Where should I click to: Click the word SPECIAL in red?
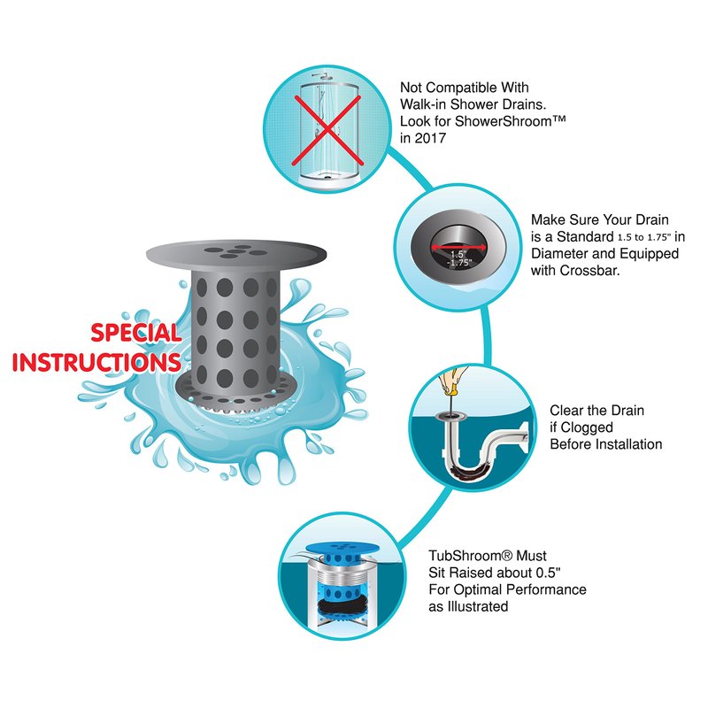(x=136, y=333)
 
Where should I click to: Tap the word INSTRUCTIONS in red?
(x=96, y=362)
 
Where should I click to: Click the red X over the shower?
(x=327, y=130)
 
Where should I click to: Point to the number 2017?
(x=430, y=138)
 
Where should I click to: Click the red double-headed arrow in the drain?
(x=458, y=247)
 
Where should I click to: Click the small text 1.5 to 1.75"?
(x=644, y=237)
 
